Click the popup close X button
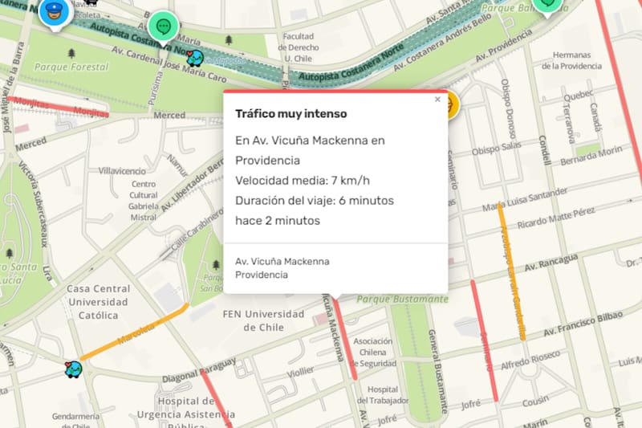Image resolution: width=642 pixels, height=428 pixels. coord(437,100)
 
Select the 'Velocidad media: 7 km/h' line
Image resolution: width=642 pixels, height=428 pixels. coord(303,180)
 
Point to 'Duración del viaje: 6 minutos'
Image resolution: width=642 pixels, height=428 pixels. coord(315,200)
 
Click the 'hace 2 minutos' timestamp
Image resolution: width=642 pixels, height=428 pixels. coord(278,220)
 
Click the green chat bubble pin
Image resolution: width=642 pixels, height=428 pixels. coord(165,26)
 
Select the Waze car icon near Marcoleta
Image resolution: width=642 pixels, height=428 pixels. coord(74,369)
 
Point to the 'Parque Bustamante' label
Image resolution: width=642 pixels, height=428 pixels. coord(402,300)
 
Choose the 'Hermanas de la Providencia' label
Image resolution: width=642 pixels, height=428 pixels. coord(571,60)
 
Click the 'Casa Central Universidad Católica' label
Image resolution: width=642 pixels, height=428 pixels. coord(98,302)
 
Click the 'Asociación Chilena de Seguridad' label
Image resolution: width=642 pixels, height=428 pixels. coord(372,352)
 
